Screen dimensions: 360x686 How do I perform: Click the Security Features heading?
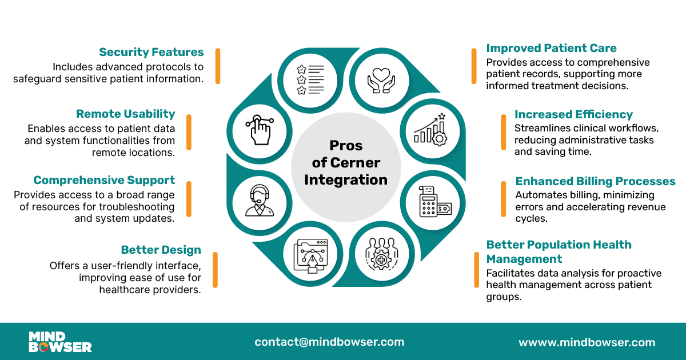pos(151,53)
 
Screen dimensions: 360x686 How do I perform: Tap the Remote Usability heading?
pos(126,114)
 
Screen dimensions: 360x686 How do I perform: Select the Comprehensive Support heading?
pos(104,181)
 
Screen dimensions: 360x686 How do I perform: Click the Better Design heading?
pos(161,250)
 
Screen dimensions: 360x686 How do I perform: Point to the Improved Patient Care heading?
pos(551,48)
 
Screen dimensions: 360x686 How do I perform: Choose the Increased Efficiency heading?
pos(573,114)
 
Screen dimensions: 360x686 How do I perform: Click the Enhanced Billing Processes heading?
pos(595,181)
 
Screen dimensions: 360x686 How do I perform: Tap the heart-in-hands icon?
pos(380,79)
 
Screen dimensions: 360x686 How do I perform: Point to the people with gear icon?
pos(380,254)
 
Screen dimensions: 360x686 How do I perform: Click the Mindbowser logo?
pos(60,341)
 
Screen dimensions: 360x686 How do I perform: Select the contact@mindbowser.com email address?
pos(329,342)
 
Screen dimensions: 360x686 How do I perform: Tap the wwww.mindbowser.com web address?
pos(587,343)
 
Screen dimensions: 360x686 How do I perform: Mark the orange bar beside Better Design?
pos(215,270)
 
